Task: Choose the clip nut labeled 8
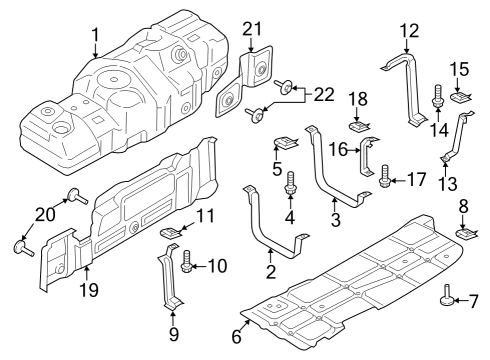(x=465, y=236)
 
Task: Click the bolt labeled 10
(x=186, y=266)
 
